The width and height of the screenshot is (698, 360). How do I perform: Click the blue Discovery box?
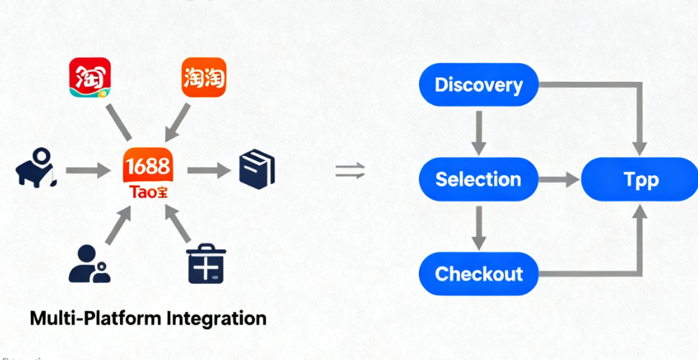tap(478, 86)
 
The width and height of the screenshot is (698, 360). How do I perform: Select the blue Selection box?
tap(478, 179)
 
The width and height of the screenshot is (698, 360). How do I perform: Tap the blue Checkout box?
tap(478, 274)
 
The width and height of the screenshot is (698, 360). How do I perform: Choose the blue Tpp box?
tap(639, 179)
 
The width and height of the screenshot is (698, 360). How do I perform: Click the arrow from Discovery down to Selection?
tap(479, 132)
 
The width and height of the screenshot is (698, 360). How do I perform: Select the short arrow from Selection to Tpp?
tap(559, 180)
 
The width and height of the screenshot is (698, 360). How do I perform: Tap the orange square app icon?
tap(203, 78)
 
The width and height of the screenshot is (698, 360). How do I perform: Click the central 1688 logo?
tap(147, 167)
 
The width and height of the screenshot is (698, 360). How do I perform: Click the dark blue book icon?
tap(257, 171)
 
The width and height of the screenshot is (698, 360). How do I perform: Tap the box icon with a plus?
tap(206, 264)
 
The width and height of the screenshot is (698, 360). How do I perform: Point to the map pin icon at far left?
tap(35, 167)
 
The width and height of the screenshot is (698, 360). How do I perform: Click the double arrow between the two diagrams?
tap(350, 171)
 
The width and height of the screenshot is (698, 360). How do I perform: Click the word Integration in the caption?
tap(216, 318)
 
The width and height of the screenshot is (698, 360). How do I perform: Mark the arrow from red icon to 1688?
tap(118, 121)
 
